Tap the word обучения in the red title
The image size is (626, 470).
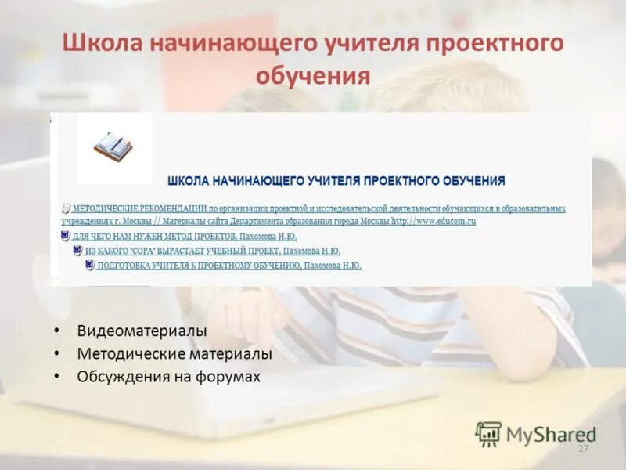[x=312, y=76]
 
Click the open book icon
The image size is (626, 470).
[x=113, y=146]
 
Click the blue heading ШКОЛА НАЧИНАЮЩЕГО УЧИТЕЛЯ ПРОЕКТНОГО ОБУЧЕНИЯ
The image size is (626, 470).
[x=336, y=181]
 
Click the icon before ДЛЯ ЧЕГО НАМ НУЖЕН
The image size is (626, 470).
[x=65, y=236]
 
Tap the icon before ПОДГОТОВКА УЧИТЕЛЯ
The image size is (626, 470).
[x=90, y=266]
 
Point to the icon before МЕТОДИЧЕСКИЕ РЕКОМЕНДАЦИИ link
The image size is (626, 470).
[x=66, y=209]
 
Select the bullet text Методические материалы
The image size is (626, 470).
[x=174, y=354]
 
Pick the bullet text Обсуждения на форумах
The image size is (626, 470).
[x=168, y=377]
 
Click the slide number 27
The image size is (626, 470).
[x=582, y=449]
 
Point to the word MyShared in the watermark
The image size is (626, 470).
[x=551, y=434]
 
